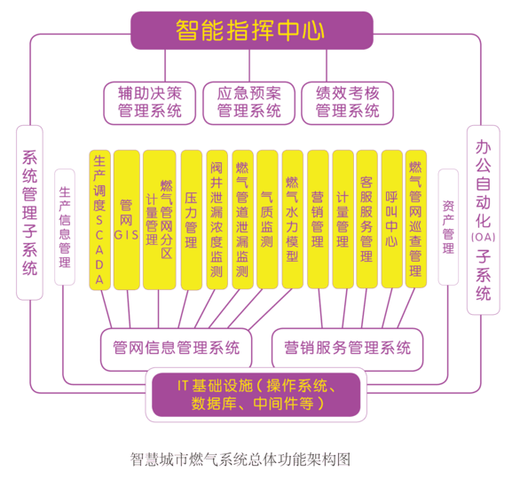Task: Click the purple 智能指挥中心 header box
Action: point(252,30)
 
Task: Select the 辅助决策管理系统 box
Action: point(150,103)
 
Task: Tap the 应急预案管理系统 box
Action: point(248,103)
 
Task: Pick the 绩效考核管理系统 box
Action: point(348,103)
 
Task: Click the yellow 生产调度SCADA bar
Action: point(99,220)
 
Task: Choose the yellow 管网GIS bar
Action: point(126,220)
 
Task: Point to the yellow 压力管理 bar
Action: point(192,220)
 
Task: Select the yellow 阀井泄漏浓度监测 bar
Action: point(217,220)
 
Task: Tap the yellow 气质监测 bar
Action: point(267,220)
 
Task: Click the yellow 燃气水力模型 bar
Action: point(292,220)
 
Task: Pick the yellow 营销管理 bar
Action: point(318,219)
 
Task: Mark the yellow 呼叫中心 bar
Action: point(392,219)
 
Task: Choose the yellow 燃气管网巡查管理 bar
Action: point(415,219)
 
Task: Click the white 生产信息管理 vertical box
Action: point(65,227)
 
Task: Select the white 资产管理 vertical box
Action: point(448,227)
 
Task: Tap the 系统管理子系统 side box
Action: point(29,213)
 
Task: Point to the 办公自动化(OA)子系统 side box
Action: point(484,220)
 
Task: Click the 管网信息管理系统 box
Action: point(176,348)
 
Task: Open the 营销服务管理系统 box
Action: point(348,348)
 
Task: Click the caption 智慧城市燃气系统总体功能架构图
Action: point(240,459)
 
